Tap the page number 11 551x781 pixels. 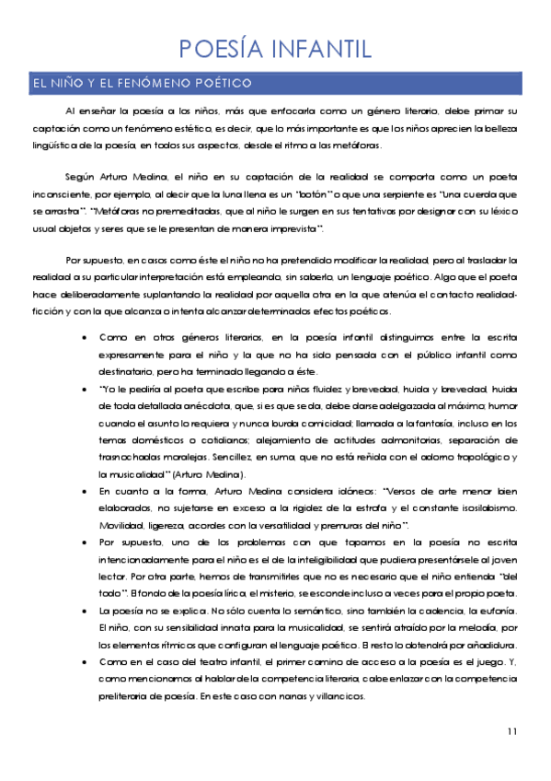(x=511, y=731)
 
